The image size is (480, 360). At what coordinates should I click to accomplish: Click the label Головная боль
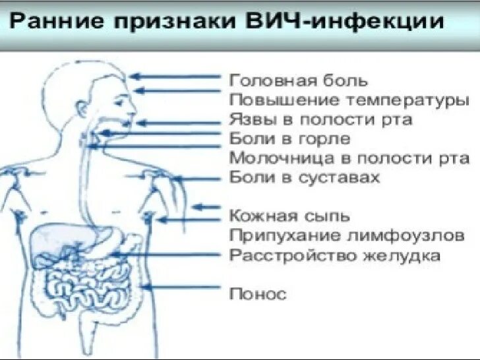pyautogui.click(x=298, y=81)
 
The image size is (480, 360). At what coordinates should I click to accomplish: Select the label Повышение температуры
pyautogui.click(x=349, y=101)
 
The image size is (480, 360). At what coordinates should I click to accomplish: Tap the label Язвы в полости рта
pyautogui.click(x=320, y=120)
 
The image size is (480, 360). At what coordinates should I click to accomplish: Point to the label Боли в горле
pyautogui.click(x=290, y=139)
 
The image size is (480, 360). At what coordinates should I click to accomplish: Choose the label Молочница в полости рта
pyautogui.click(x=349, y=158)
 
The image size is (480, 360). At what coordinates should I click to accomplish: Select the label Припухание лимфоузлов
pyautogui.click(x=347, y=235)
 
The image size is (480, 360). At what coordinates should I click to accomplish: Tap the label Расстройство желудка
pyautogui.click(x=334, y=255)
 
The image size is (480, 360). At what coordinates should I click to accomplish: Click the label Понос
pyautogui.click(x=258, y=293)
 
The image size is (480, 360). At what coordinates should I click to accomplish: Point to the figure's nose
pyautogui.click(x=135, y=105)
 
